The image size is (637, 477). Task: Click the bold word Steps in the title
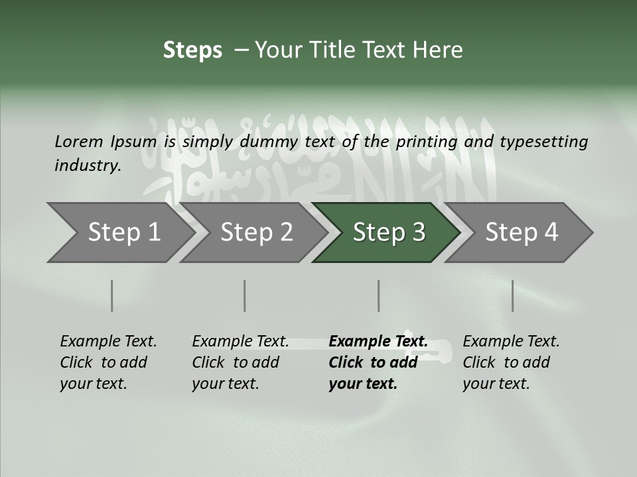192,50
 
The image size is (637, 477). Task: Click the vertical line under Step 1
112,295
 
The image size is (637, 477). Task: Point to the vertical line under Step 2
245,295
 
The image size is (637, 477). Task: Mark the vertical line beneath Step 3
379,295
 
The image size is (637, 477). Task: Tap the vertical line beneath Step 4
513,295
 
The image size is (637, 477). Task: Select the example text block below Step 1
108,362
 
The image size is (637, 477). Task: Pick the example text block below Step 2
240,362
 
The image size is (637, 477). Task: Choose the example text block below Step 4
511,362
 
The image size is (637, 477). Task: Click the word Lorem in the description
79,142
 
